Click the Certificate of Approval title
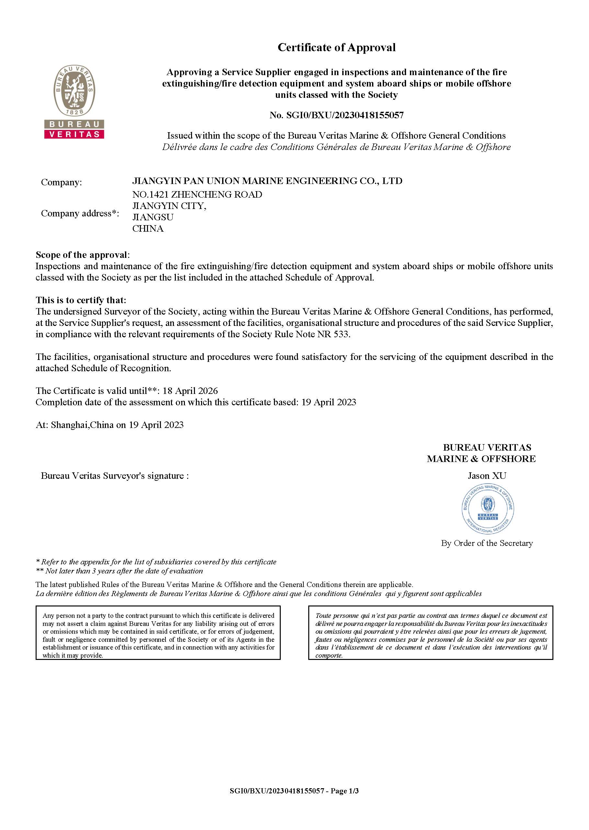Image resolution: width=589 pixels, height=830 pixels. point(336,48)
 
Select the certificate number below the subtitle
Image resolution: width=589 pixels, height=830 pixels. point(336,115)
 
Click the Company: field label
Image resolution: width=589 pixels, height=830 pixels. point(61,182)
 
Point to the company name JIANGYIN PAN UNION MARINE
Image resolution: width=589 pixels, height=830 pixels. point(267,181)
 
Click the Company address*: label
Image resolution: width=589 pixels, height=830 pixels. point(80,213)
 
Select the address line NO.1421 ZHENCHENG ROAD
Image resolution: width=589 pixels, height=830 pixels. point(197,194)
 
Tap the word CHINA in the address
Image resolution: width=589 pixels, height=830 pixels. point(148,228)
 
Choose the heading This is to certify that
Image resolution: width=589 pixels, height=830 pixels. point(81,300)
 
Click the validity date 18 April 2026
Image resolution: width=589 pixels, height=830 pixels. point(190,391)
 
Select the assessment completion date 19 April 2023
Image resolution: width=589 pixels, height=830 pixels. point(329,402)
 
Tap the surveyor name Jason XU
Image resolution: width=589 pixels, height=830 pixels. point(487,476)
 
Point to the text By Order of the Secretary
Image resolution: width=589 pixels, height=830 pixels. point(487,543)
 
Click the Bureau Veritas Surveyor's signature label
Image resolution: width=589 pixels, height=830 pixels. point(115,476)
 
